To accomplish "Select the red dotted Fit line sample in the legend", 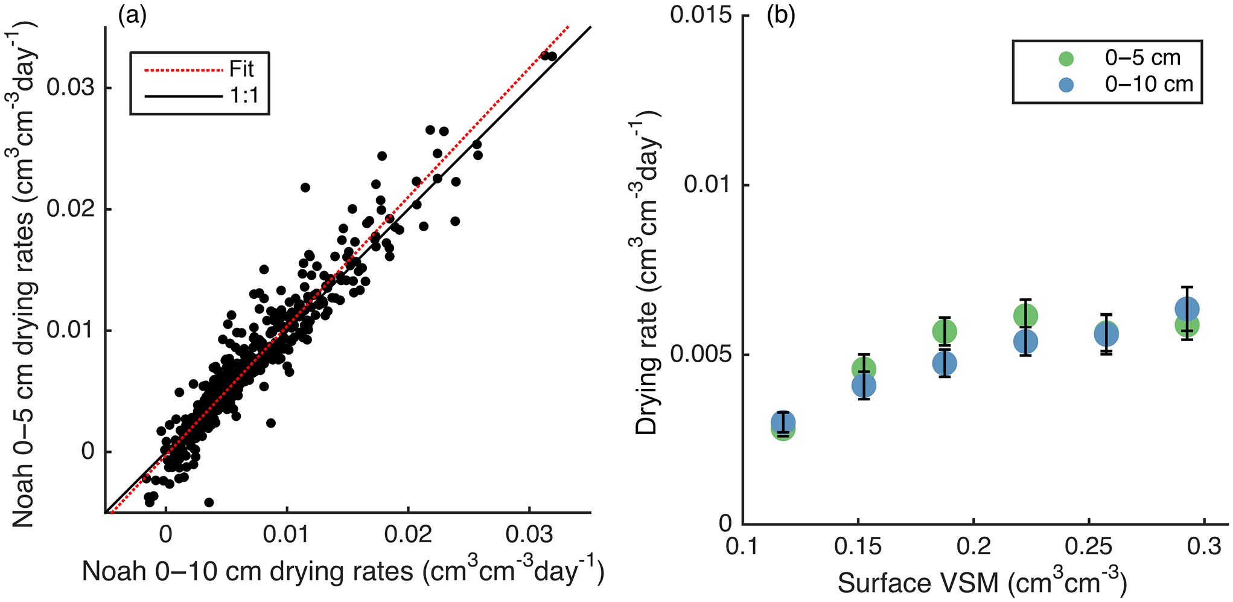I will click(x=183, y=71).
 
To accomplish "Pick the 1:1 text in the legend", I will click(x=244, y=95).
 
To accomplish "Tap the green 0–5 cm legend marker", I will click(x=1066, y=59).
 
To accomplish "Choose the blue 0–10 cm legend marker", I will click(x=1066, y=85).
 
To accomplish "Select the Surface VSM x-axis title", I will click(x=982, y=581).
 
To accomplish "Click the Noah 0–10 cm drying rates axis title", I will click(x=343, y=571).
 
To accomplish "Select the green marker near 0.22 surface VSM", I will click(x=1025, y=315).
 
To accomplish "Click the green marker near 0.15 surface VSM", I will click(x=864, y=369).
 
